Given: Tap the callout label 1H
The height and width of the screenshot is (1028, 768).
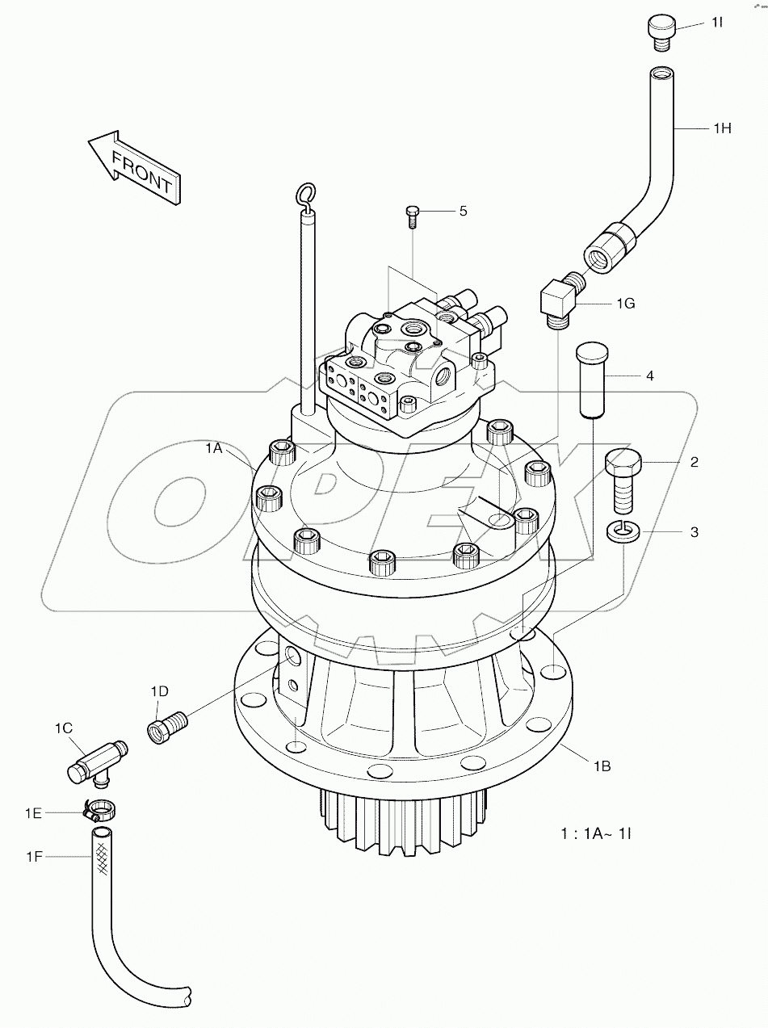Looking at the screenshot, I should click(x=721, y=128).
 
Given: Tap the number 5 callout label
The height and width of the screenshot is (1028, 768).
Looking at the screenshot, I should click(x=463, y=211).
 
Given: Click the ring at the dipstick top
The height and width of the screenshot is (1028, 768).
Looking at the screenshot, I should click(x=306, y=193).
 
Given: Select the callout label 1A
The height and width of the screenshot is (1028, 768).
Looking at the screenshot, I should click(x=213, y=448).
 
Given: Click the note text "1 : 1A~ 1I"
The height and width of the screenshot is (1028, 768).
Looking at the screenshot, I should click(x=596, y=831).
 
